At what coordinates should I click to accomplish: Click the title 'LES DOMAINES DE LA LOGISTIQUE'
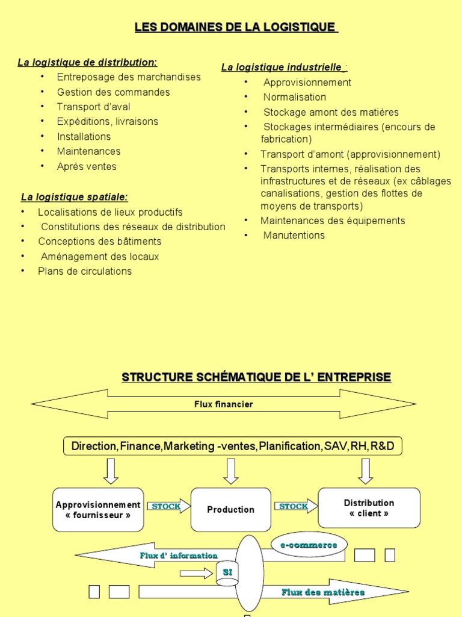click(236, 27)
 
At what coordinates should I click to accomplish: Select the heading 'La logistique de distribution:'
click(87, 62)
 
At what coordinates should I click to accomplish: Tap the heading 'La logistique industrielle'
click(282, 67)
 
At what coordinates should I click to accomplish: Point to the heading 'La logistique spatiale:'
click(74, 197)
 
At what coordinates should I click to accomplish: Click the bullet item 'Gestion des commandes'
click(113, 92)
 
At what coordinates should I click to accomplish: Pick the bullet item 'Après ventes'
click(87, 166)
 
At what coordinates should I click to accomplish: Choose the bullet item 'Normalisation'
click(295, 97)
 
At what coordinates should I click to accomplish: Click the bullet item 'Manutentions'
click(294, 236)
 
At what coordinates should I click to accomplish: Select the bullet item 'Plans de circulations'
click(84, 271)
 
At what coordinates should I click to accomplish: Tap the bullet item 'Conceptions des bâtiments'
click(99, 242)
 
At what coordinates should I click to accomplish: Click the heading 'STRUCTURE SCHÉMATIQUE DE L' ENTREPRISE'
click(256, 377)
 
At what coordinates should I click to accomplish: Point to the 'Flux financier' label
click(223, 404)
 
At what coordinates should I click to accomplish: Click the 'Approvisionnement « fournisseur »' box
click(98, 510)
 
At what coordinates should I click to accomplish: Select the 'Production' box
click(230, 510)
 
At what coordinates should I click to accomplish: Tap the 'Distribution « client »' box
click(369, 508)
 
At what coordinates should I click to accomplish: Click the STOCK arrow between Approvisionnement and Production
click(167, 507)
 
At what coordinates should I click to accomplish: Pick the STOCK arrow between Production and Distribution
click(295, 507)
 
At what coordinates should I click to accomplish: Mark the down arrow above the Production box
click(230, 471)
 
